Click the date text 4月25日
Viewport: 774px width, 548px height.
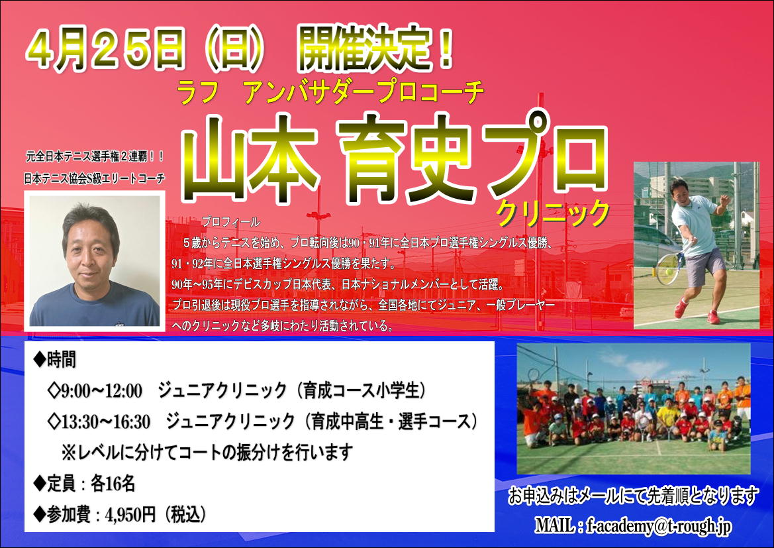[x=105, y=50]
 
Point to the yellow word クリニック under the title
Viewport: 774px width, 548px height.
[x=554, y=213]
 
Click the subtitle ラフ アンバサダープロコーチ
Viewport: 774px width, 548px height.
[x=330, y=92]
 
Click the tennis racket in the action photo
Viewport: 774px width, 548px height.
[x=668, y=267]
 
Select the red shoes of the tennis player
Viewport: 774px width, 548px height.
[x=696, y=312]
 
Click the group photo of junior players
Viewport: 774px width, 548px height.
[x=634, y=409]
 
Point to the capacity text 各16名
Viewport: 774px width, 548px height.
[x=113, y=484]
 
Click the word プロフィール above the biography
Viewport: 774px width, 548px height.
[x=230, y=222]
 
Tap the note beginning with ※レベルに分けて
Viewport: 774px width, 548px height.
[x=207, y=452]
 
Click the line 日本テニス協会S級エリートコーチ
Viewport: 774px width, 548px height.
[x=94, y=178]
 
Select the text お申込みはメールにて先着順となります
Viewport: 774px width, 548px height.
[x=634, y=496]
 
